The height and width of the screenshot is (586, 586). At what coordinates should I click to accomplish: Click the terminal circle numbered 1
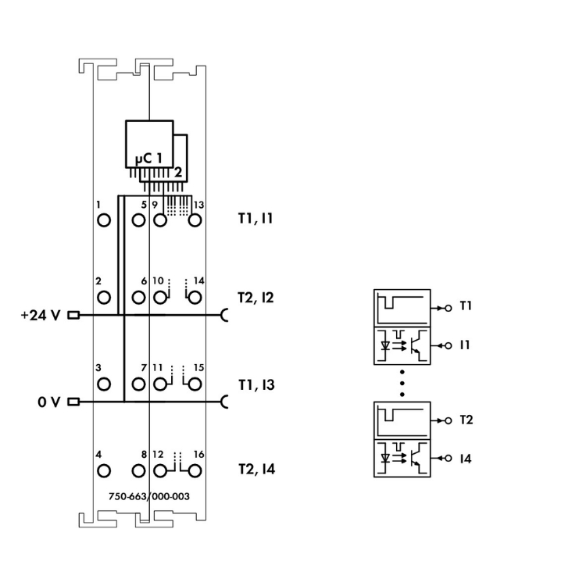click(x=103, y=220)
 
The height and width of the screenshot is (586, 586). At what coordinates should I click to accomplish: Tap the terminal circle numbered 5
click(x=139, y=220)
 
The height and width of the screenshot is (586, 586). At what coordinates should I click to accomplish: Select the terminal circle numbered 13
click(x=195, y=220)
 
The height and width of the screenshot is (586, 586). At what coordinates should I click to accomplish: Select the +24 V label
click(x=41, y=316)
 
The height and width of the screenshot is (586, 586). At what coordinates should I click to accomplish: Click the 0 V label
click(x=48, y=402)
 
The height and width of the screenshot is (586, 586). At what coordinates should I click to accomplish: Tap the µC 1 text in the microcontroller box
click(x=148, y=159)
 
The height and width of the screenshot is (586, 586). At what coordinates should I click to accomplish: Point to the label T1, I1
click(x=255, y=220)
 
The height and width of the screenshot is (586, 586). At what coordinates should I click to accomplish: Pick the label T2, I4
click(x=256, y=470)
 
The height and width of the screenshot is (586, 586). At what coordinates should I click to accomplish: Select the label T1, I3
click(x=255, y=384)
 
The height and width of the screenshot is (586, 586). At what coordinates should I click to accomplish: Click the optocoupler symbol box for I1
click(x=402, y=345)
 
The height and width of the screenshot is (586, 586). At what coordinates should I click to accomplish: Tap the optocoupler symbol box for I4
click(x=402, y=459)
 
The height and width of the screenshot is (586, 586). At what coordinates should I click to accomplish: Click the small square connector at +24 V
click(x=74, y=316)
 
